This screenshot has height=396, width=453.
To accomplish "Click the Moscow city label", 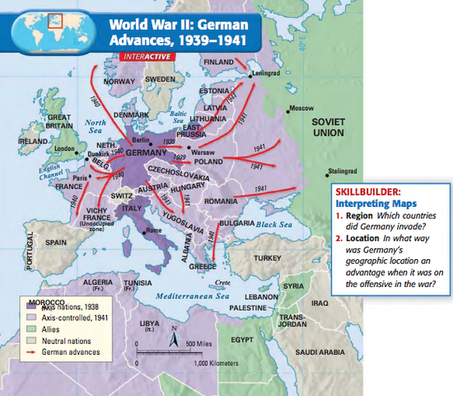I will pyautogui.click(x=303, y=108).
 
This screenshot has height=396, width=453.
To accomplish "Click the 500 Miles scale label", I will pyautogui.click(x=199, y=342).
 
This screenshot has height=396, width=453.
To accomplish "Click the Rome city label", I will pyautogui.click(x=154, y=230).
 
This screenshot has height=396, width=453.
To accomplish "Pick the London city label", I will pyautogui.click(x=63, y=149).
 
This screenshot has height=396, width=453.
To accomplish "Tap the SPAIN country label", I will pyautogui.click(x=56, y=243).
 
